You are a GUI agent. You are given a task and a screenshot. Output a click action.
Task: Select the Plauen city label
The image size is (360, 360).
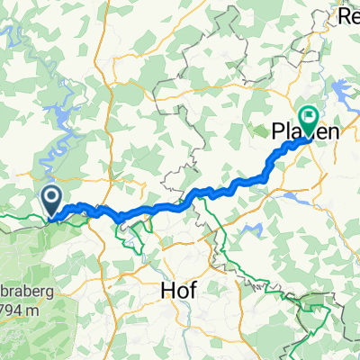coord(304,132)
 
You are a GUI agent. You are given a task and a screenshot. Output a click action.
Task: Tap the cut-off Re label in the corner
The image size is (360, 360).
coord(346,14)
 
